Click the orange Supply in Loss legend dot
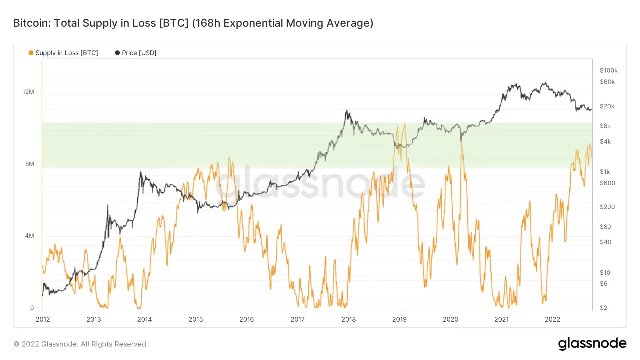coord(31,53)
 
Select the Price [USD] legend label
coord(139,53)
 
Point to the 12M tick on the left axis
coord(28,92)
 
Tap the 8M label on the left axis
coord(30,164)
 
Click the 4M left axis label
coord(30,236)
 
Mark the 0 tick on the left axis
coord(32,308)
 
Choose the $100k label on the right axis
coord(608,70)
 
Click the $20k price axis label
coord(607,106)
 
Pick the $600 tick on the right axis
coord(607,183)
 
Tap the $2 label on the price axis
coord(603,308)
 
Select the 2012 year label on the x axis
coord(43,319)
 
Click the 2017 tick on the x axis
coord(298,319)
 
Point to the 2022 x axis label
coord(552,319)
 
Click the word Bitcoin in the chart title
coord(31,23)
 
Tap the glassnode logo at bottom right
coord(592,344)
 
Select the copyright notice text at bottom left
coord(81,344)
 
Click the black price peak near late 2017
coord(346,111)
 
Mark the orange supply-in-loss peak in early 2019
coord(405,124)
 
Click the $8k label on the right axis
coord(605,126)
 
